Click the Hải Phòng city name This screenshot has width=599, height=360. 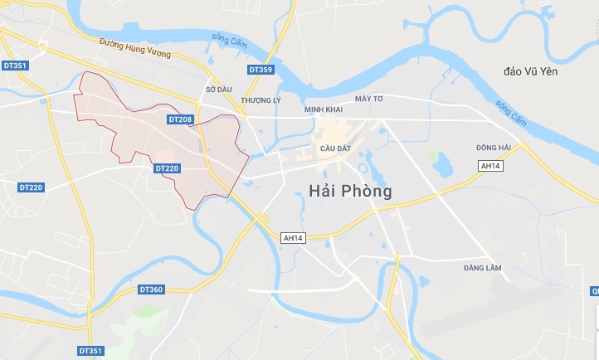point(349,191)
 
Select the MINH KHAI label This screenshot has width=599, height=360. point(324,109)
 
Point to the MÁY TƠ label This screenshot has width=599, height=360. point(369,99)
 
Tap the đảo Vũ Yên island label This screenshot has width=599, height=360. point(531,72)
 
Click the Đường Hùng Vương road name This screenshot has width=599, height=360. point(134,48)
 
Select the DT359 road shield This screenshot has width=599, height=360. point(261,70)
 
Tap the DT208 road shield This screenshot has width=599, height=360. point(180,119)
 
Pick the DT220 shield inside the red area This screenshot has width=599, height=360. point(167,168)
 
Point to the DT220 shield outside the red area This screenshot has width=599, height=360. point(31,187)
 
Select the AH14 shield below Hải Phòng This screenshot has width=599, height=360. point(294,238)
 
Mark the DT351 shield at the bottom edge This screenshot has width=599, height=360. point(90,352)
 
